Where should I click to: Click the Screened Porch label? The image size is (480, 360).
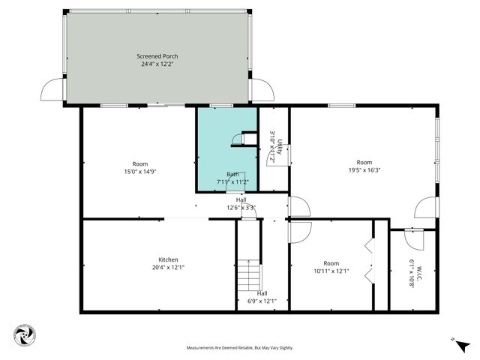pyautogui.click(x=157, y=56)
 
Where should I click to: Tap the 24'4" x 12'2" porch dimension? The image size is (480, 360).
pyautogui.click(x=157, y=64)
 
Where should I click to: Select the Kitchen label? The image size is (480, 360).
pyautogui.click(x=168, y=259)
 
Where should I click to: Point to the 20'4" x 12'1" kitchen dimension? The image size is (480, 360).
pyautogui.click(x=168, y=268)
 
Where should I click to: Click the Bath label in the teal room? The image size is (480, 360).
pyautogui.click(x=232, y=174)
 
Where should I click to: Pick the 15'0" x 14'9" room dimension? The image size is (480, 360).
pyautogui.click(x=139, y=172)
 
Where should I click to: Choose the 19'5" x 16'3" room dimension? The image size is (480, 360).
pyautogui.click(x=364, y=170)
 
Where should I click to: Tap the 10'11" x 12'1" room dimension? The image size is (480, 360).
pyautogui.click(x=331, y=271)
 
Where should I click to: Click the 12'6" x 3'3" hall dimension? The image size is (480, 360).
pyautogui.click(x=241, y=208)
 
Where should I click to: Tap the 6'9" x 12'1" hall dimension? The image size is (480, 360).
pyautogui.click(x=262, y=301)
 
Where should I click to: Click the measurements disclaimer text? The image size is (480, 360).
pyautogui.click(x=240, y=348)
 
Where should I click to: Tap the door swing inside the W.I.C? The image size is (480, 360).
pyautogui.click(x=414, y=239)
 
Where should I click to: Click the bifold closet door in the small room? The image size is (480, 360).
pyautogui.click(x=368, y=261)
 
